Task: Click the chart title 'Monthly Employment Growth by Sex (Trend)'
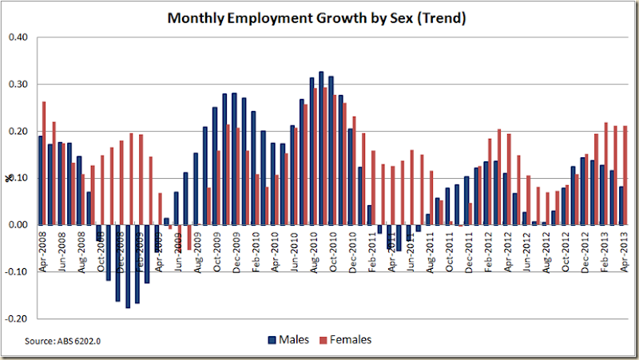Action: coord(316,18)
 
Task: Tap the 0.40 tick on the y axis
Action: coord(18,38)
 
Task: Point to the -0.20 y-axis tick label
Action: coord(17,318)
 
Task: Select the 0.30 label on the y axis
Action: coord(18,85)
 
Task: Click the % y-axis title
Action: coord(9,178)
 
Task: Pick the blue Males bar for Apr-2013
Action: coord(621,205)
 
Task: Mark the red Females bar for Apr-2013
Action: coord(625,175)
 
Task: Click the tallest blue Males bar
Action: coord(320,148)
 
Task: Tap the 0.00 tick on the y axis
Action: coord(18,224)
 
